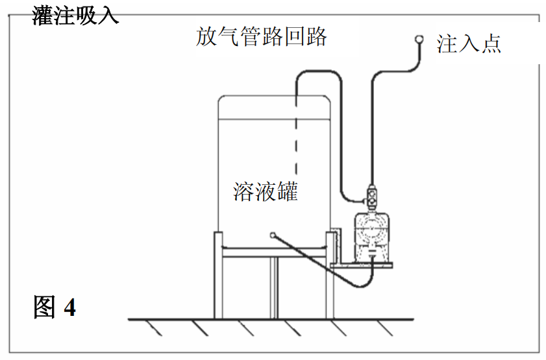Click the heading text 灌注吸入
pyautogui.click(x=75, y=14)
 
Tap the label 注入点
pyautogui.click(x=469, y=43)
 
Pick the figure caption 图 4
pyautogui.click(x=55, y=307)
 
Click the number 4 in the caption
pyautogui.click(x=69, y=307)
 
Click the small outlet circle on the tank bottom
pyautogui.click(x=273, y=235)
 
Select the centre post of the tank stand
pyautogui.click(x=273, y=285)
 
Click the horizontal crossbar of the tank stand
pyautogui.click(x=273, y=252)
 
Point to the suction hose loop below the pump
pyautogui.click(x=354, y=283)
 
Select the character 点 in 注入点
pyautogui.click(x=490, y=43)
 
